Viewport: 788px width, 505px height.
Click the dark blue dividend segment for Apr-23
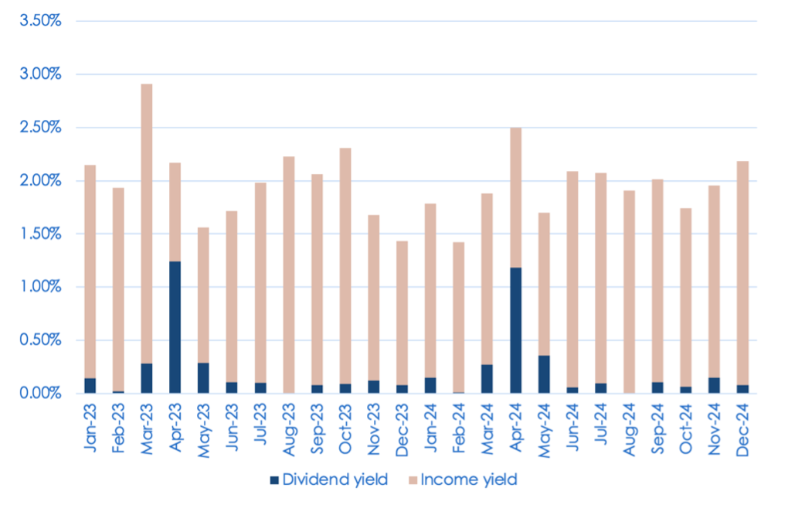pos(176,327)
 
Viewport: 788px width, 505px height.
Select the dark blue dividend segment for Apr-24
pos(515,330)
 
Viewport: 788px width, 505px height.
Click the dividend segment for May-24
pos(544,374)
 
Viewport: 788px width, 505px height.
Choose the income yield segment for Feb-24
pos(459,317)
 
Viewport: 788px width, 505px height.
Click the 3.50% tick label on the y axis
pos(39,21)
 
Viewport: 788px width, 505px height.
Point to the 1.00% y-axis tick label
pos(39,287)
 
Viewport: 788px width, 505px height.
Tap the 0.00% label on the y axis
pos(39,393)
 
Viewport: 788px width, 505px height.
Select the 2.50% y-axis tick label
pos(39,128)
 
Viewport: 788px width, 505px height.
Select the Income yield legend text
pos(476,479)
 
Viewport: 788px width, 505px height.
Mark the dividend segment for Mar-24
pos(487,379)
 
